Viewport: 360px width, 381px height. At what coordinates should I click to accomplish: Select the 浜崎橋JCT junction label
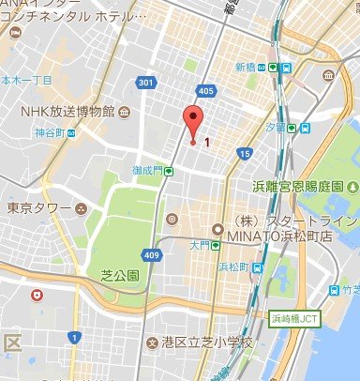pos(297,318)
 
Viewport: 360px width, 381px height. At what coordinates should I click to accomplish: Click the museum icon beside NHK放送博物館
pos(123,113)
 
